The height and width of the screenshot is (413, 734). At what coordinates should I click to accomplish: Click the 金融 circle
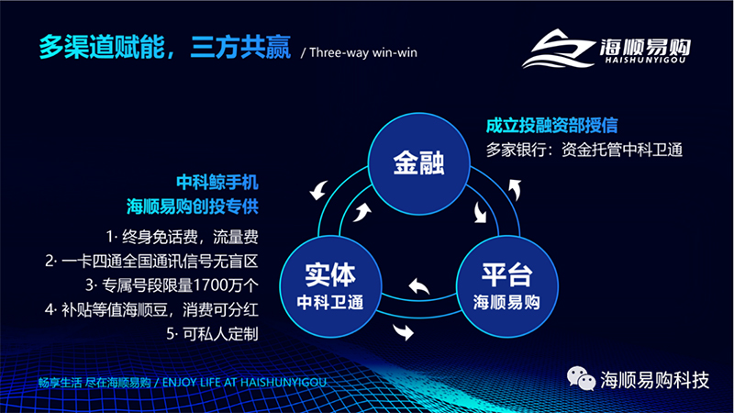tap(419, 163)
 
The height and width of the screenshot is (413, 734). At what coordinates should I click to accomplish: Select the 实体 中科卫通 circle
tap(330, 286)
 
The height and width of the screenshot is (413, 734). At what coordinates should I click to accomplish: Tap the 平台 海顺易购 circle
tap(507, 286)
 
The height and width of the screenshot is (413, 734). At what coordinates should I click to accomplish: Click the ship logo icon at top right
tap(558, 49)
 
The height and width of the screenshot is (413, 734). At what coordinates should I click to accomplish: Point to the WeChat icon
tap(581, 379)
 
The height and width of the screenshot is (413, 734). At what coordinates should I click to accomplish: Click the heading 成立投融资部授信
tap(552, 126)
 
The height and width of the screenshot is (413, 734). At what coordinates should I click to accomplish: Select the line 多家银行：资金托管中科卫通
tap(584, 150)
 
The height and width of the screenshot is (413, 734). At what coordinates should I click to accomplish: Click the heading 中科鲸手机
tap(217, 182)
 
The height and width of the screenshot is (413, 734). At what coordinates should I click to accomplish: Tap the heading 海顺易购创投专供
tap(193, 206)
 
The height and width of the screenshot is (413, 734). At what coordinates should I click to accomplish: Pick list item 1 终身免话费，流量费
tap(182, 237)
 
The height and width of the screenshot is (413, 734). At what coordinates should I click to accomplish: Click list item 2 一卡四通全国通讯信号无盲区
tap(151, 262)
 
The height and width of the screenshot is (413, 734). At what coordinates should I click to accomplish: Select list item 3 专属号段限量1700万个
tap(172, 285)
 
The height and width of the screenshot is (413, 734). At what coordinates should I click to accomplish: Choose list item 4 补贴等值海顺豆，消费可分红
tap(151, 309)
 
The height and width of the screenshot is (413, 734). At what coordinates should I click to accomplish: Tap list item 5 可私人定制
tap(213, 334)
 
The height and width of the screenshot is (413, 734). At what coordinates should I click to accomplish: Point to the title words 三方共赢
tap(240, 48)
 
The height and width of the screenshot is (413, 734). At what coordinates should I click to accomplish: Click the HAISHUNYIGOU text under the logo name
tap(645, 60)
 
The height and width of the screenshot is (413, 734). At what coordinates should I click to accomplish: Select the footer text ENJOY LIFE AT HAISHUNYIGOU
tap(244, 383)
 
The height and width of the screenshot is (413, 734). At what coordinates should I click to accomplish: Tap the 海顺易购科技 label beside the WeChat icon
tap(655, 380)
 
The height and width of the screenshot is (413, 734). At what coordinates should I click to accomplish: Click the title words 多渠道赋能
tap(102, 48)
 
